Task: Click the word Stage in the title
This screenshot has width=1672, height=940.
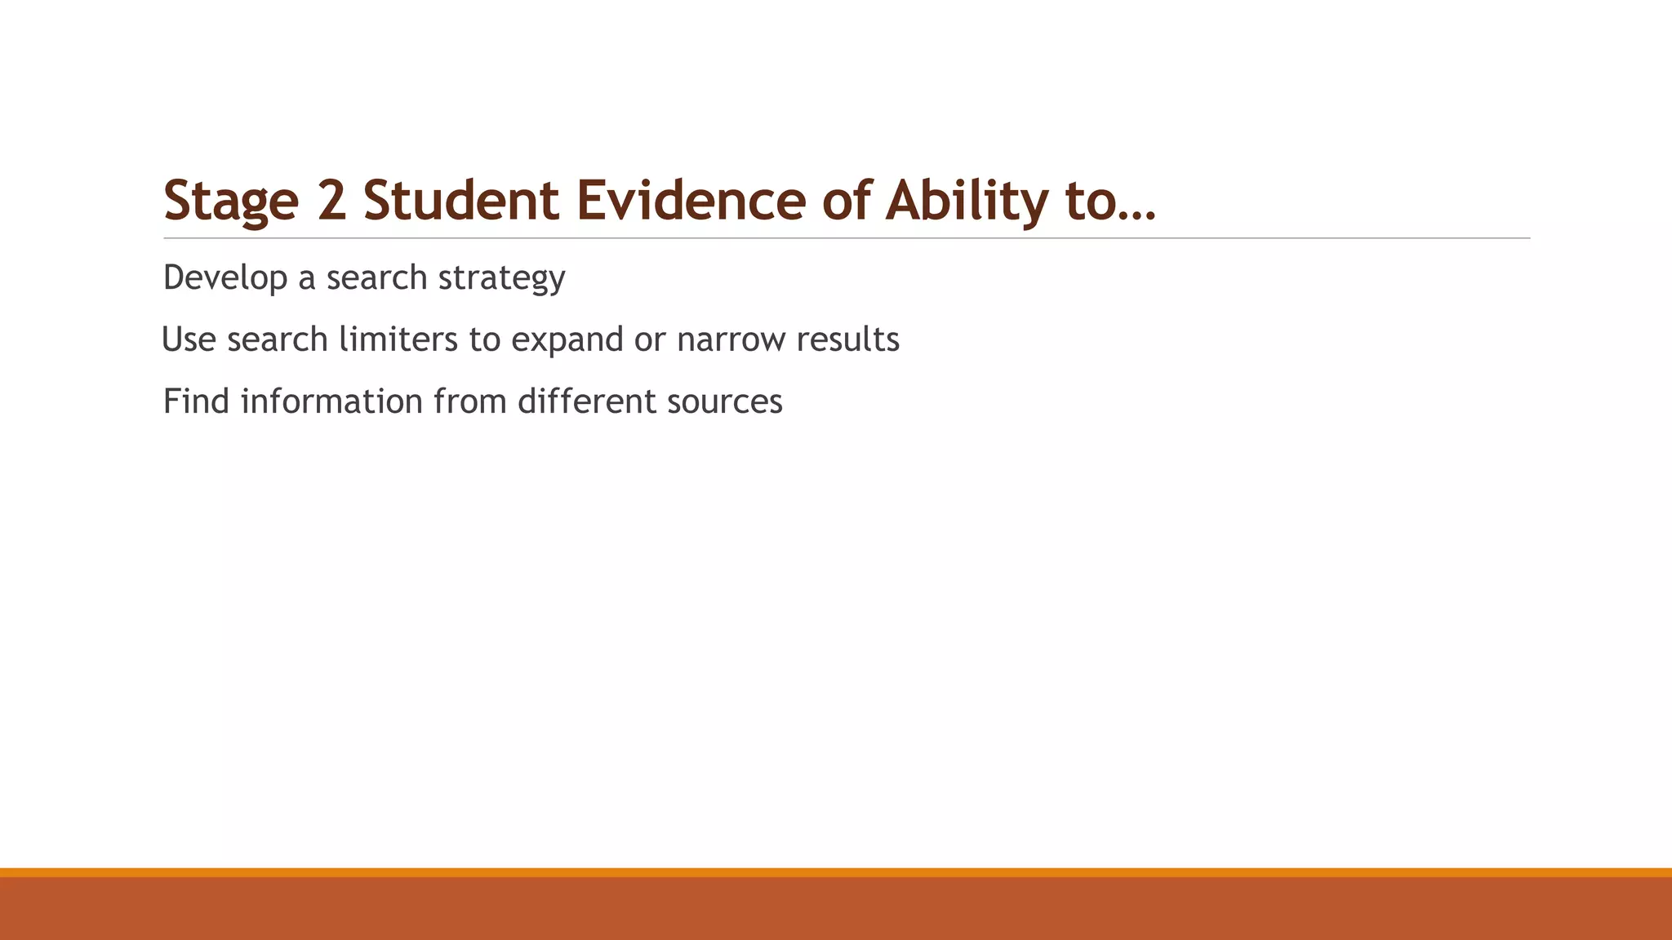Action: coord(231,201)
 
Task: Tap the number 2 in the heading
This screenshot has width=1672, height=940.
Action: coord(331,201)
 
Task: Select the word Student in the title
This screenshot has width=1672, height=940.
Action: coord(460,201)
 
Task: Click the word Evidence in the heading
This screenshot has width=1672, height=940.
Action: coord(691,201)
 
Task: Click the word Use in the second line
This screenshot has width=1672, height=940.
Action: coord(189,339)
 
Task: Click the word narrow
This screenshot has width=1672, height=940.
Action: coord(731,339)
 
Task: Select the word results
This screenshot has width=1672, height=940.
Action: coord(847,339)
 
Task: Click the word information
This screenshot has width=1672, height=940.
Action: coord(331,401)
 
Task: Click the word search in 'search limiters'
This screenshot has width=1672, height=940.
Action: coord(278,339)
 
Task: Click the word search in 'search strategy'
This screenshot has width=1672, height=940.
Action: coord(376,278)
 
